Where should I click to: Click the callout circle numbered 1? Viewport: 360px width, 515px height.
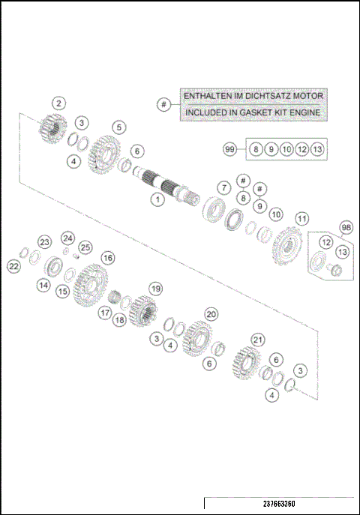point(157,199)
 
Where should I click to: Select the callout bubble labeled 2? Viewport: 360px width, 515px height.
point(59,104)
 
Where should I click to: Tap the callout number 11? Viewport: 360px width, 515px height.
point(301,219)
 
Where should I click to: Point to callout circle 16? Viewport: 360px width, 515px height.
point(108,257)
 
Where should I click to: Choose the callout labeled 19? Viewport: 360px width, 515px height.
point(155,288)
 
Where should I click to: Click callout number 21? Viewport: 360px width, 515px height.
point(258,340)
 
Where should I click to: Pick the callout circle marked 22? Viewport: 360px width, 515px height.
point(14,265)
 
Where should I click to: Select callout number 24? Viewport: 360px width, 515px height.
point(67,238)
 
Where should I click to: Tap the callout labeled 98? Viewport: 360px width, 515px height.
point(346,227)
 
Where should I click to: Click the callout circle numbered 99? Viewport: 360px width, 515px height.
point(230,150)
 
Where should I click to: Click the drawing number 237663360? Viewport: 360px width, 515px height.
point(278,503)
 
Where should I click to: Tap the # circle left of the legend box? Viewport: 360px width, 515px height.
point(163,104)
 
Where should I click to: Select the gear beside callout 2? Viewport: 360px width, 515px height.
point(52,127)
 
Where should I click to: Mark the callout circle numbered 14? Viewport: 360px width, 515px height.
point(43,285)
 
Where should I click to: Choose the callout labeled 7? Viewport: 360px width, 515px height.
point(223,187)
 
